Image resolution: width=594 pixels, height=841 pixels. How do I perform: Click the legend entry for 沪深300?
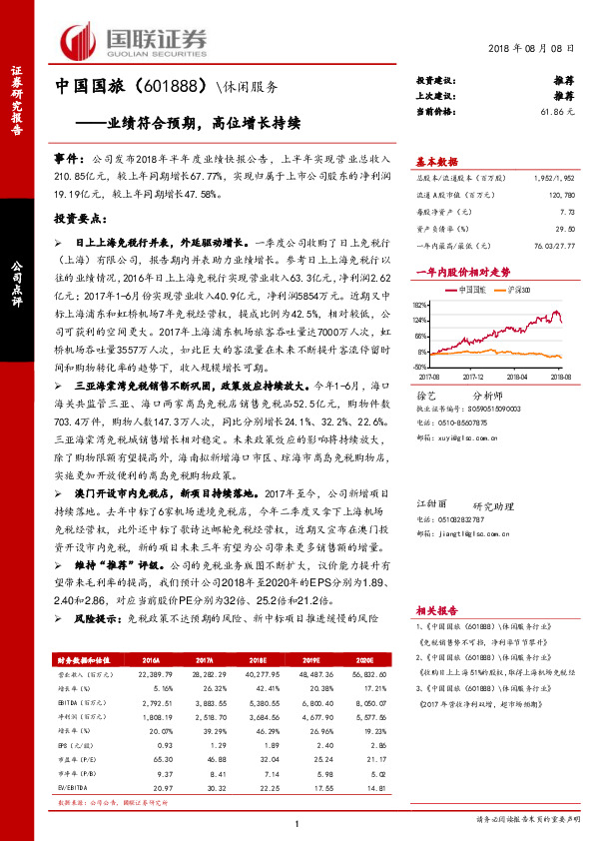[508, 287]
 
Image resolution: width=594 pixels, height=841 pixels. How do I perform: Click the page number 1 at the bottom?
[297, 822]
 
